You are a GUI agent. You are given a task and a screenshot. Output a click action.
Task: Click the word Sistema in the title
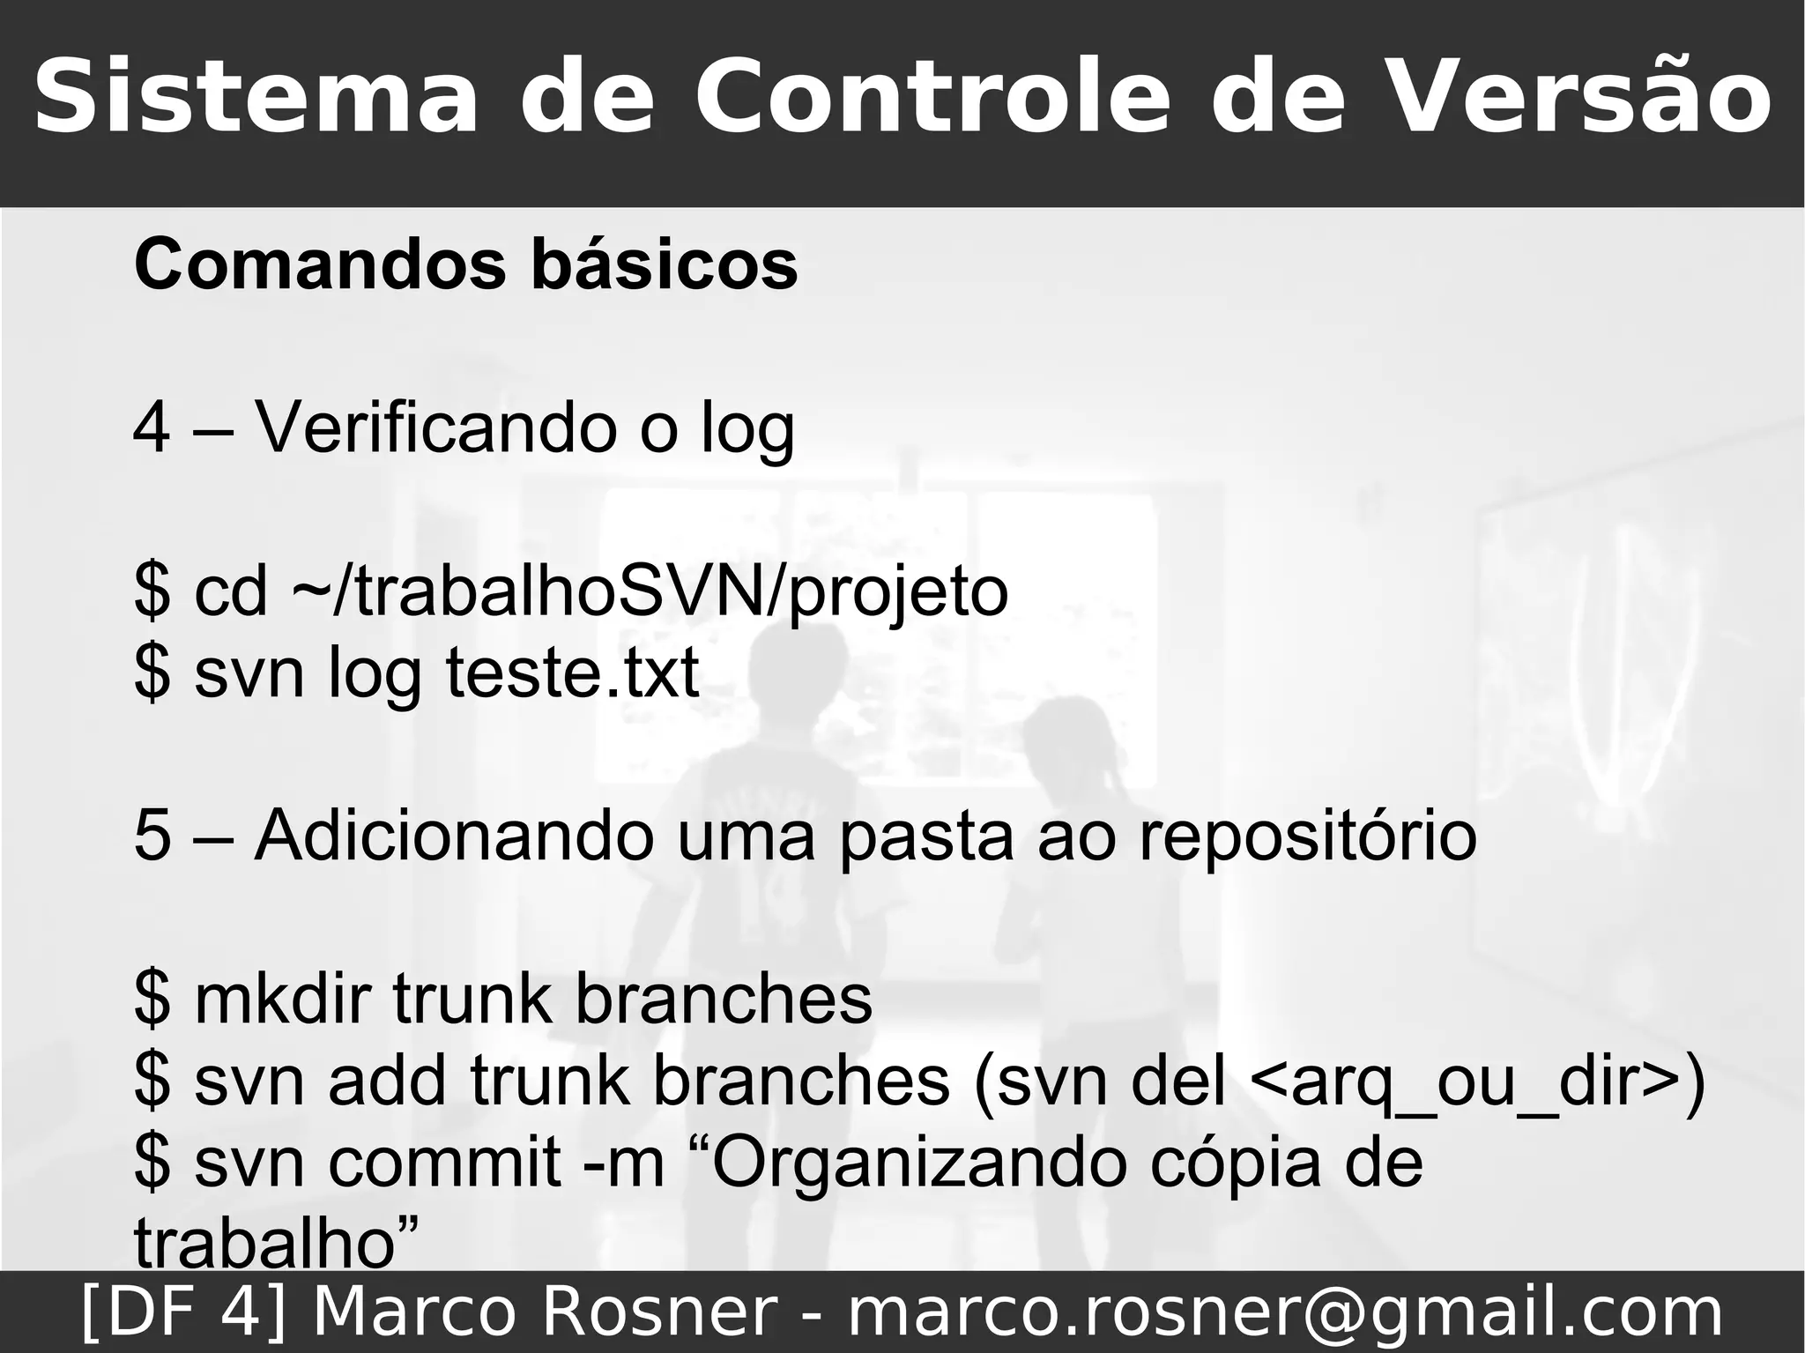256,96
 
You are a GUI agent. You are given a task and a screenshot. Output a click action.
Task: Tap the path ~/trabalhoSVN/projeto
649,593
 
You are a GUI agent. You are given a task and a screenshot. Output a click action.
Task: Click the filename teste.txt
572,673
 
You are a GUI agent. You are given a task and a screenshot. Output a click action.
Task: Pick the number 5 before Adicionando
152,836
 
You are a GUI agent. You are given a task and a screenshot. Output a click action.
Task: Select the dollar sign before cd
152,593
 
